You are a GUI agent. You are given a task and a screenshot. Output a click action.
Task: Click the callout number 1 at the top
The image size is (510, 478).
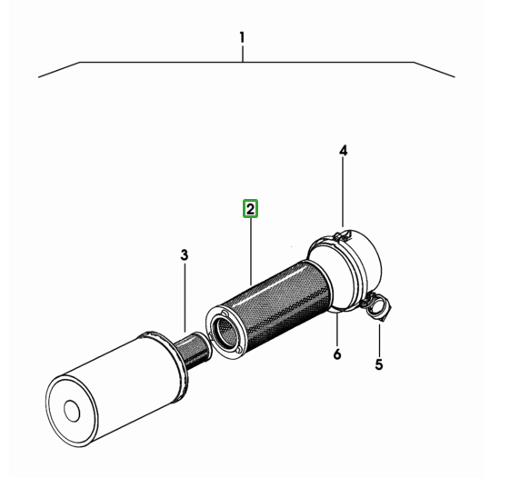click(242, 37)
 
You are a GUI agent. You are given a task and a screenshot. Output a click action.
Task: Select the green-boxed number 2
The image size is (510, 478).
click(250, 208)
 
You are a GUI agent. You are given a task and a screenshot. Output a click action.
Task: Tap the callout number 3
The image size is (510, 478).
click(185, 255)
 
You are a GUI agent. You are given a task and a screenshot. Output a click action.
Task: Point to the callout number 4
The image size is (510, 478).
click(343, 151)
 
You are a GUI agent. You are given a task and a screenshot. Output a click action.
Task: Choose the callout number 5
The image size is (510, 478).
click(379, 364)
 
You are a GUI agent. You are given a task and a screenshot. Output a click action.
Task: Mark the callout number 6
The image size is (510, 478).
click(337, 354)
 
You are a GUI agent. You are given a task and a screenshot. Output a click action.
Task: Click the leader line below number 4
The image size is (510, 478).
click(343, 194)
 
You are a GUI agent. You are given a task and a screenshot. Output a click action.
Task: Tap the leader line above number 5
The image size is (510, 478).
click(379, 339)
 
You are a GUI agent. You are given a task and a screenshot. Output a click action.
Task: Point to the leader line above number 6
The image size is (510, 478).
click(337, 328)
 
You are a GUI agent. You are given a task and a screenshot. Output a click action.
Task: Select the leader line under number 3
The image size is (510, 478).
click(185, 298)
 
